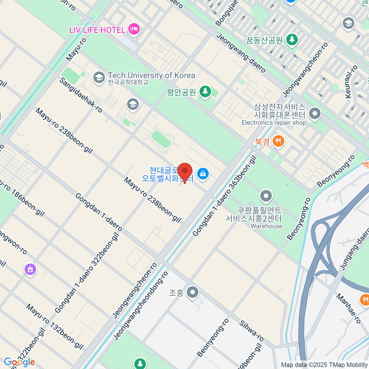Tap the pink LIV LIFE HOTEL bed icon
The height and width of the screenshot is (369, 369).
coord(134,29)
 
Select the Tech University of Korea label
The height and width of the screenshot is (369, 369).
coord(151,75)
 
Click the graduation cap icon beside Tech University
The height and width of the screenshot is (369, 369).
coord(99,77)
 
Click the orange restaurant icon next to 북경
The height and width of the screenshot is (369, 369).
coord(278,141)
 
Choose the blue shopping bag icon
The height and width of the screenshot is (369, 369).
coord(203,173)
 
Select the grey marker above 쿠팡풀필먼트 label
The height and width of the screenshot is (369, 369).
coord(266,196)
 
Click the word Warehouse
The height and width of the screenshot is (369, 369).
coord(266,226)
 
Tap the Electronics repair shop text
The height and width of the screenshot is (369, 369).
coord(274,123)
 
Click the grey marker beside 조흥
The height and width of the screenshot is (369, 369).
coord(193,292)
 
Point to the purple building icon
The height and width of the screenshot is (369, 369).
coord(30,270)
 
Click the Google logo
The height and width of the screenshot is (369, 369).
coord(19,362)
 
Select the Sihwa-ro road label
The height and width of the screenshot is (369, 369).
coord(252,331)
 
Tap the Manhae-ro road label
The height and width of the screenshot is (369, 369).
coord(348,309)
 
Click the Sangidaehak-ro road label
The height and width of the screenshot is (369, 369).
coord(81,95)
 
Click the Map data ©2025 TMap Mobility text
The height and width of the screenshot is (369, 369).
coord(324,365)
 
